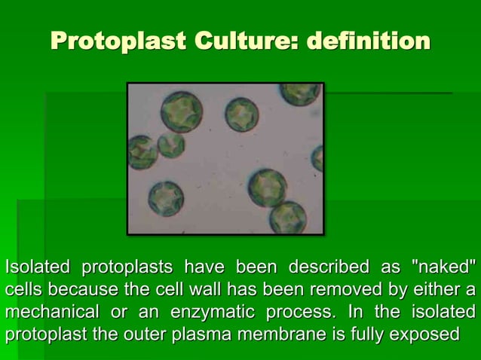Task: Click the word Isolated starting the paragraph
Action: click(38, 267)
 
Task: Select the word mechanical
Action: click(51, 312)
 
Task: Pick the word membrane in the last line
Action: click(295, 334)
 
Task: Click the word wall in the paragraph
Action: click(198, 290)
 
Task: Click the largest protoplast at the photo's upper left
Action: click(181, 111)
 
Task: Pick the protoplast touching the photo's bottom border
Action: click(288, 218)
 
